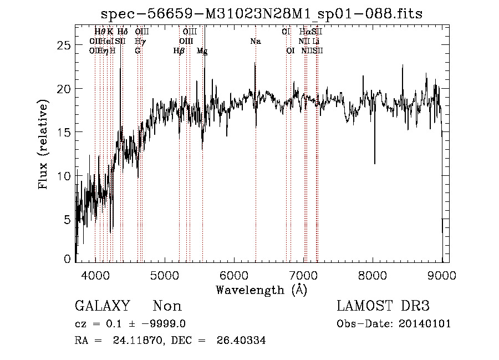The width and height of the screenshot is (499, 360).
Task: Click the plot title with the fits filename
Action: coord(262,14)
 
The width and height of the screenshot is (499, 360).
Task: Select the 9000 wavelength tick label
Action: coord(441,275)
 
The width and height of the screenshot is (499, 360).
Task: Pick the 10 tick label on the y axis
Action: coord(65,176)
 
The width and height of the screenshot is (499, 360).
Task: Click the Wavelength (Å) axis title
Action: coord(261,290)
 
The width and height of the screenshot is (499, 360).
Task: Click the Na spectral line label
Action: coord(256,42)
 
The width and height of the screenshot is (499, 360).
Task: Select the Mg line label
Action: coord(202,51)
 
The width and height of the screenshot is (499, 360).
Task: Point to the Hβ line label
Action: coord(179,50)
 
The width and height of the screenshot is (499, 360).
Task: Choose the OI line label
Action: coord(290,50)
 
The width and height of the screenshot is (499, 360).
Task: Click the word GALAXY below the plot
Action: coord(103,306)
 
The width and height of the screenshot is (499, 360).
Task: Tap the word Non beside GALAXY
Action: coord(167,306)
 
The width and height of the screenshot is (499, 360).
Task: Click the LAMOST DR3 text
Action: coord(383,306)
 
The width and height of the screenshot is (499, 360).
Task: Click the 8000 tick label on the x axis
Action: coord(372,275)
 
